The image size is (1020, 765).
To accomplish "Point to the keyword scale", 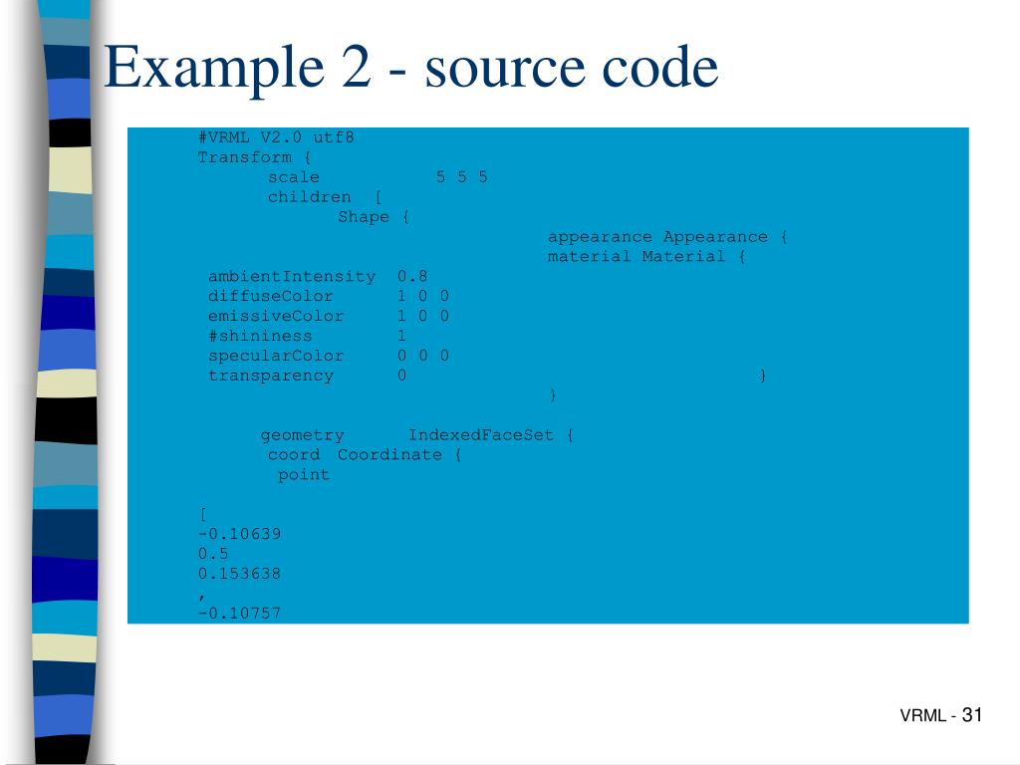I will coord(293,177).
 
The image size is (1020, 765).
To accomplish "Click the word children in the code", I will coord(309,197).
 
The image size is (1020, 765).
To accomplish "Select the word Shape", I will coord(364,217).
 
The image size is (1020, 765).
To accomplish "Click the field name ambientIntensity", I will coord(292,277).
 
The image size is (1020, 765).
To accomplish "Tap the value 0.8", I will coord(412,277).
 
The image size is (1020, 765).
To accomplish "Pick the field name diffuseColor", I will coord(271,297).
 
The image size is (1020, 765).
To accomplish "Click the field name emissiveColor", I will coord(276,317).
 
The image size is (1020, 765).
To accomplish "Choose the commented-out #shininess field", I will coord(260,337).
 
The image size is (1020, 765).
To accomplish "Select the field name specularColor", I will coord(276,357).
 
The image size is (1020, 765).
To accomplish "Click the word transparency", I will coord(271,377).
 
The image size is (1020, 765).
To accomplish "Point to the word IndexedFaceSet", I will coord(481,435).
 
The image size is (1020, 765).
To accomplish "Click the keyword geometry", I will coord(302,435).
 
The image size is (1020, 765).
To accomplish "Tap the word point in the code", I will coord(303,475).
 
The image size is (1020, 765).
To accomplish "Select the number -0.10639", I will coord(239,534).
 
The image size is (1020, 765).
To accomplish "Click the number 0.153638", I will coord(239,574).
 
